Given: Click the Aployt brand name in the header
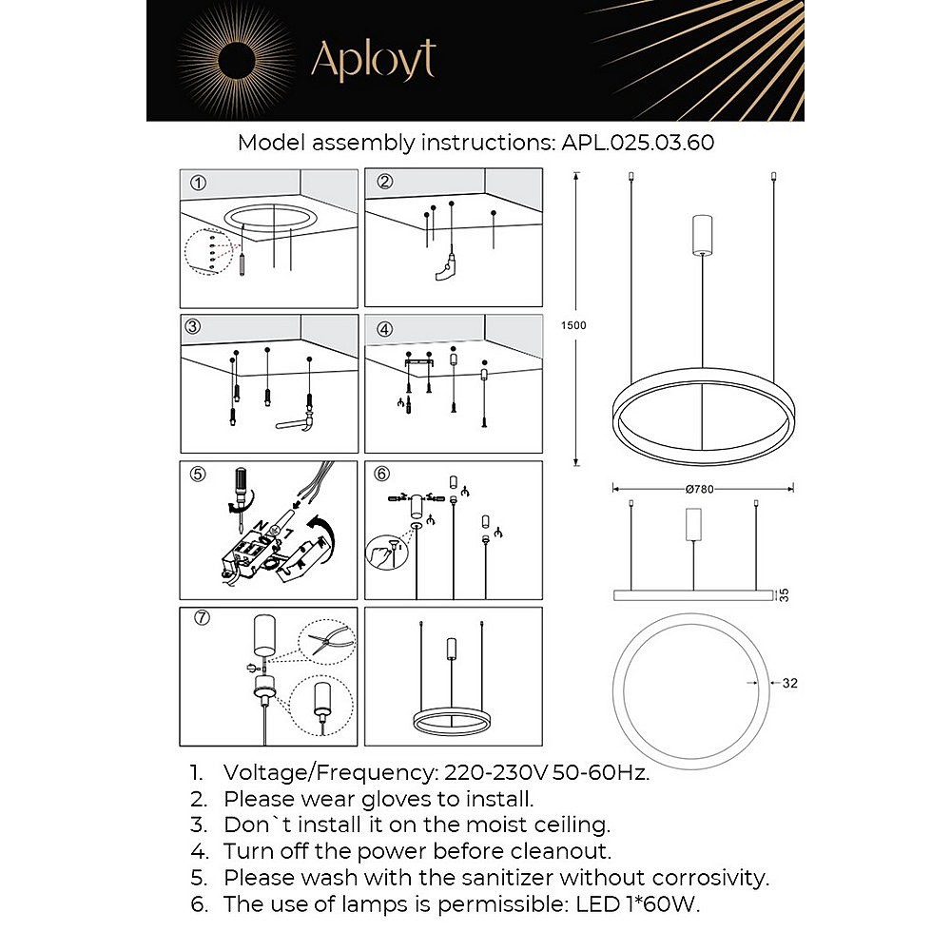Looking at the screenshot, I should pyautogui.click(x=373, y=61).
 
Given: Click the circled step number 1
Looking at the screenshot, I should pyautogui.click(x=198, y=182).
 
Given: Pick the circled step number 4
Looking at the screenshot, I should pyautogui.click(x=384, y=329).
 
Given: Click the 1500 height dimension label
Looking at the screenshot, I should pyautogui.click(x=574, y=325).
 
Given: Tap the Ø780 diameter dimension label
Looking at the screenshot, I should pyautogui.click(x=699, y=489).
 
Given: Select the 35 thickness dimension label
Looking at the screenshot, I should pyautogui.click(x=784, y=594).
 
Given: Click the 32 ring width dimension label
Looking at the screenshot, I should pyautogui.click(x=789, y=683).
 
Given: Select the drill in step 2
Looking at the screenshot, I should pyautogui.click(x=445, y=273).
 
